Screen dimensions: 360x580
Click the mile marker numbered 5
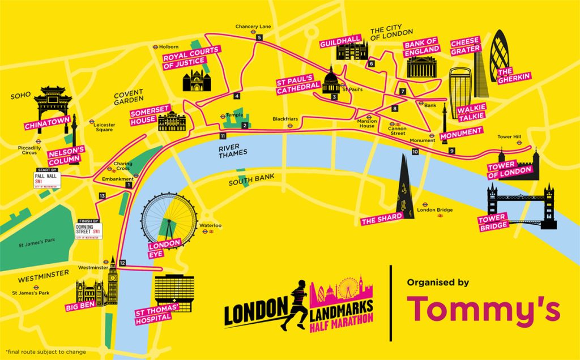259,37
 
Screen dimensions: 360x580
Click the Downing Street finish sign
88,230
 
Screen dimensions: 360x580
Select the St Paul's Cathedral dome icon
331,82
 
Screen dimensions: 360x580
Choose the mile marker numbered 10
415,152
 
